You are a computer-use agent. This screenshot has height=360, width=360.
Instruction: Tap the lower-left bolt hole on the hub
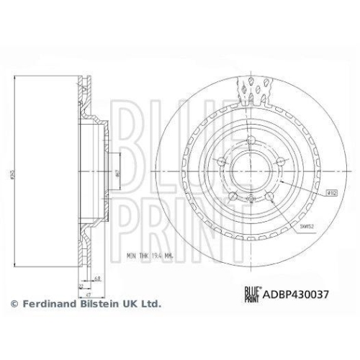232,195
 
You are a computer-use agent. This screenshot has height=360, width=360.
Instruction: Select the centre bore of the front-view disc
249,173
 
